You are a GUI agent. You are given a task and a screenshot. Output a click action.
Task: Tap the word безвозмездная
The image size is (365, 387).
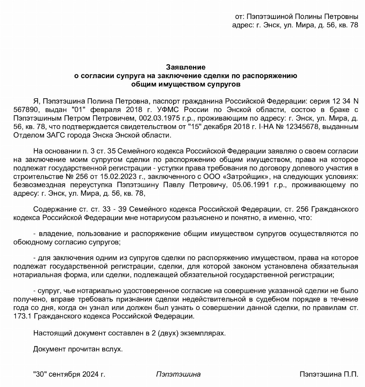[x=46, y=185]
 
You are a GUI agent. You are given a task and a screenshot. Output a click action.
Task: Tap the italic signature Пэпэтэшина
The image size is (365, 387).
[x=178, y=374]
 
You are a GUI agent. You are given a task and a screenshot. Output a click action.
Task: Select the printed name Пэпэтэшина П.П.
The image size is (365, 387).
[x=329, y=374]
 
